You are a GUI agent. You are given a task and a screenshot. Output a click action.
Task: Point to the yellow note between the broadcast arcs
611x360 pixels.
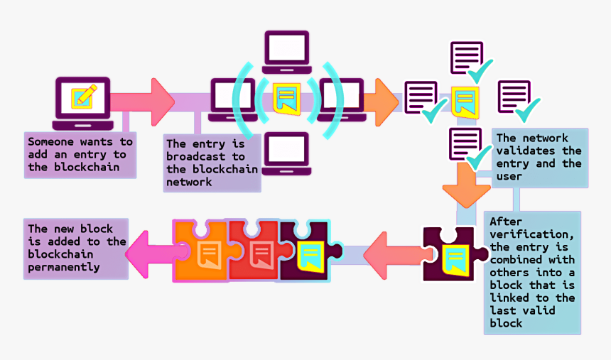click(286, 97)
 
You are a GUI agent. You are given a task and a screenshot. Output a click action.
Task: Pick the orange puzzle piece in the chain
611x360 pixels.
click(202, 251)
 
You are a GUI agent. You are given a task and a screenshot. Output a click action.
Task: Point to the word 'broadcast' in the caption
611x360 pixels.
click(196, 157)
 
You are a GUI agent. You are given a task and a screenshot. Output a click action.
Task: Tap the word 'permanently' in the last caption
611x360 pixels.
click(64, 267)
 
